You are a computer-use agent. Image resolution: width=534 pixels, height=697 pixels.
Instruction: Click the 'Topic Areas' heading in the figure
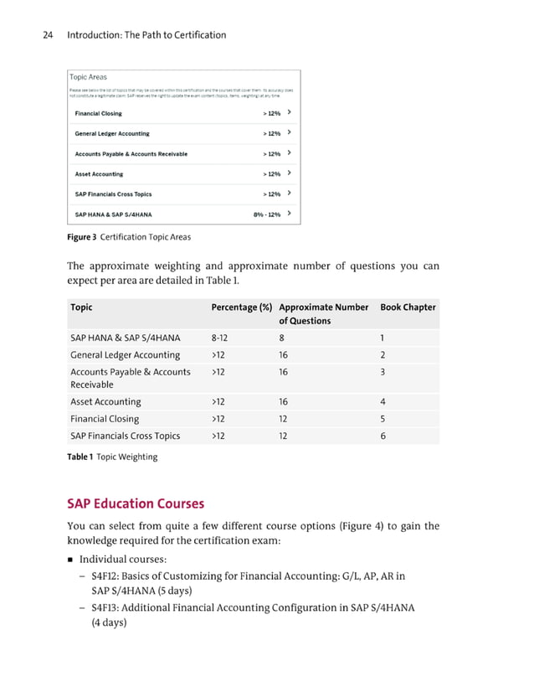(87, 76)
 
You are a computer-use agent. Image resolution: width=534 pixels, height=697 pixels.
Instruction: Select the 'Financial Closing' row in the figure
(98, 113)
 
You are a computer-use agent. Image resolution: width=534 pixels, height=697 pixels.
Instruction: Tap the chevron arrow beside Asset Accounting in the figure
(289, 173)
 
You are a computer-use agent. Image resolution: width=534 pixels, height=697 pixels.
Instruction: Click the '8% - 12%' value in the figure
(266, 214)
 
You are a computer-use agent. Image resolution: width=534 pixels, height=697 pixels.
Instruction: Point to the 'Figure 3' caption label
(82, 237)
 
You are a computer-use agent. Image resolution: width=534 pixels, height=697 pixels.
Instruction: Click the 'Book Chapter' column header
(408, 307)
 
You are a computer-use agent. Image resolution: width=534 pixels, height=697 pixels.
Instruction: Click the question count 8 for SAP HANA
(281, 338)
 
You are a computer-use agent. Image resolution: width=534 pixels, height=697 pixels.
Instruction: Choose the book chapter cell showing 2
(383, 355)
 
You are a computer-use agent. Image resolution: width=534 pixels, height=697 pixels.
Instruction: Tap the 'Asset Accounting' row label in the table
(105, 402)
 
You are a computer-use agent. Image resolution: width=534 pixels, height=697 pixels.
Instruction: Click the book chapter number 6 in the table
(383, 436)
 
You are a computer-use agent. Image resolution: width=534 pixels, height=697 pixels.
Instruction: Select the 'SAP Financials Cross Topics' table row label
(125, 436)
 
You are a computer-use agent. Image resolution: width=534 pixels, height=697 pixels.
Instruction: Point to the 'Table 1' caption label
(81, 457)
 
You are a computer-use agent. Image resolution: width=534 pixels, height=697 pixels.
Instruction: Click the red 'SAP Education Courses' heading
(136, 503)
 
